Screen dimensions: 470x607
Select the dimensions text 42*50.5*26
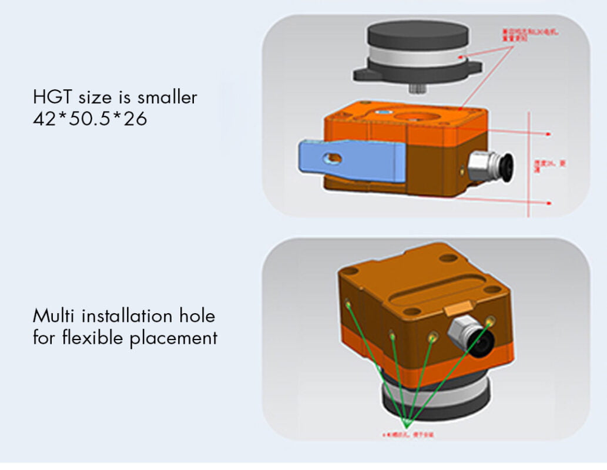point(90,119)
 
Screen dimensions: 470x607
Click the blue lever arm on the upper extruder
point(353,159)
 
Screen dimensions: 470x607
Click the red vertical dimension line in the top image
point(531,164)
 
